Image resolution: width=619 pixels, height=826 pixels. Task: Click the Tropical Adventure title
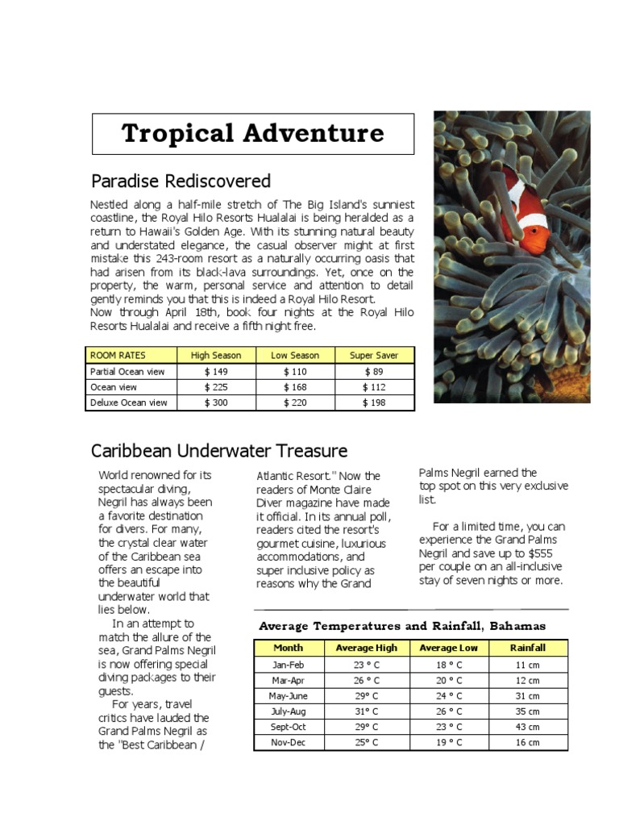click(x=252, y=133)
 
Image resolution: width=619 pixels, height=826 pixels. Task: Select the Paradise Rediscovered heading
click(x=181, y=181)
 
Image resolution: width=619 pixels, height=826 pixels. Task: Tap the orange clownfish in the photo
click(x=525, y=219)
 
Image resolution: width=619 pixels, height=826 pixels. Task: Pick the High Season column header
click(x=215, y=355)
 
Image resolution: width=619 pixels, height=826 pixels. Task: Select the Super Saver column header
click(x=374, y=355)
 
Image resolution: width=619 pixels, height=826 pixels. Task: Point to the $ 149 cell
click(x=215, y=372)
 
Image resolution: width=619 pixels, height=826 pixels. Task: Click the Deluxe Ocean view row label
click(x=129, y=403)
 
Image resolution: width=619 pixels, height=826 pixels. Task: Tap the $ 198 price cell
click(x=374, y=403)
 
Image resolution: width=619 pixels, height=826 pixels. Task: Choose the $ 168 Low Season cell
click(x=295, y=387)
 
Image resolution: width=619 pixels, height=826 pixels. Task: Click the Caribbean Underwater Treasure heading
click(x=219, y=451)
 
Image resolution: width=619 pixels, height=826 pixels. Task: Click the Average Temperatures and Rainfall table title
click(x=402, y=626)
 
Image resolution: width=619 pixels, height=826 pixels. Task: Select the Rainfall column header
click(x=528, y=648)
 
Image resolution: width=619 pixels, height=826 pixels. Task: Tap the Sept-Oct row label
click(x=288, y=727)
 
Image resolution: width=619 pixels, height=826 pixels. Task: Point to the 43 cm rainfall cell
click(x=528, y=727)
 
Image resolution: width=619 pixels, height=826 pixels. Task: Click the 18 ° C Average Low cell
click(x=448, y=665)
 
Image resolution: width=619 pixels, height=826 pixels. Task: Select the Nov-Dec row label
click(x=288, y=742)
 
